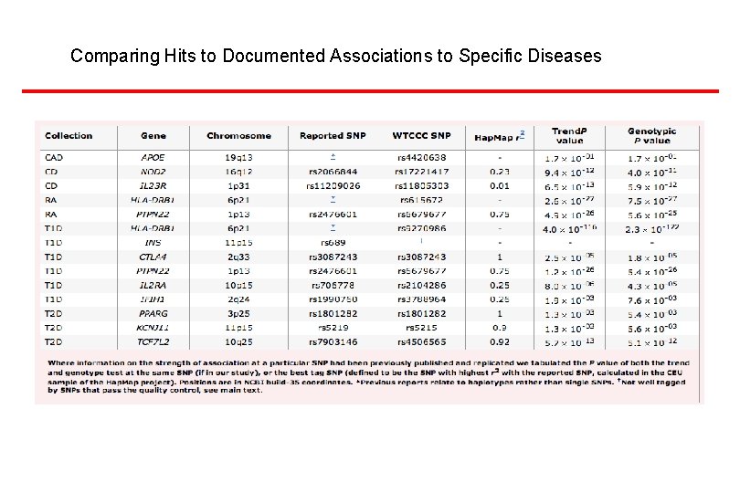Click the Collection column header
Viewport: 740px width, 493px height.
coord(69,136)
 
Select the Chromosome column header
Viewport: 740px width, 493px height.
coord(238,136)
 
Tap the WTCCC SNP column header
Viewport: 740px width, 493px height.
coord(421,136)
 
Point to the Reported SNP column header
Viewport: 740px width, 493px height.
coord(333,136)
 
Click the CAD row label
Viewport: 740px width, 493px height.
coord(54,158)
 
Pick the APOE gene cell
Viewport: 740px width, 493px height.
coord(153,158)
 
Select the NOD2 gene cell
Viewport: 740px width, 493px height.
coord(153,172)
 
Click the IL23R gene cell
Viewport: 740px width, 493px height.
coord(153,186)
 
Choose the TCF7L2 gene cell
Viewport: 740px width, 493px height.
coord(153,341)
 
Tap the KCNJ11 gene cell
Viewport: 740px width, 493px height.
coord(153,327)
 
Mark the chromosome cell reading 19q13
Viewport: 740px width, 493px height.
coord(238,158)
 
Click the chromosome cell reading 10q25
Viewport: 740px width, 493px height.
coord(238,341)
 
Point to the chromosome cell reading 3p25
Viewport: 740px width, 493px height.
coord(238,313)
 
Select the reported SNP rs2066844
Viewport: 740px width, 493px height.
coord(333,172)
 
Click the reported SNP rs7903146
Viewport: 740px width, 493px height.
coord(333,341)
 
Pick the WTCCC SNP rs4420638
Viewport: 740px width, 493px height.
coord(421,158)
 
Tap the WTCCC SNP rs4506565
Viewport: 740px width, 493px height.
coord(421,341)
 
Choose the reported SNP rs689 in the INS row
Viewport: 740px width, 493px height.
coord(333,243)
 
